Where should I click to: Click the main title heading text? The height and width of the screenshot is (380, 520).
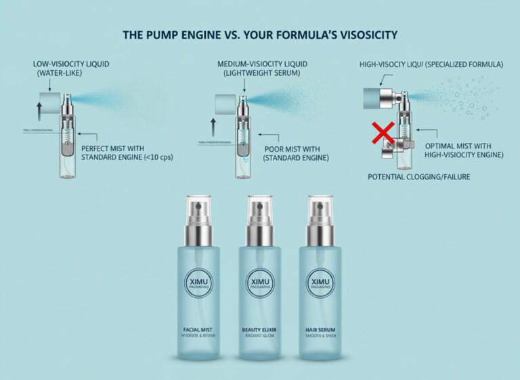pyautogui.click(x=259, y=35)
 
